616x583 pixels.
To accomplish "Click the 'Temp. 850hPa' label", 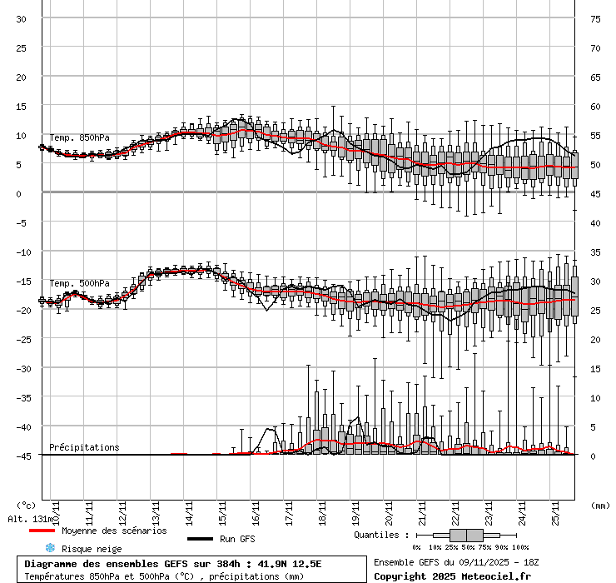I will [79, 137].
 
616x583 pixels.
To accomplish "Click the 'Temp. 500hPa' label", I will [79, 283].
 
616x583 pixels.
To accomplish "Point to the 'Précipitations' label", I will [84, 447].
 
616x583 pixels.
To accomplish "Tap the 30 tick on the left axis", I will [22, 18].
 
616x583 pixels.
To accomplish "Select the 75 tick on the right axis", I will [595, 18].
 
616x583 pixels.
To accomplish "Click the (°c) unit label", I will [26, 505].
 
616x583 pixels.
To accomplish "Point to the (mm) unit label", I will [600, 505].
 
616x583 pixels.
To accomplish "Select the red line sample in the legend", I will [42, 531].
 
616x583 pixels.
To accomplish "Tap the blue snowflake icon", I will [49, 548].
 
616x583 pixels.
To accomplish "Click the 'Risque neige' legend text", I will [92, 549].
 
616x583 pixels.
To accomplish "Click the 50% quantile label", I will [468, 547].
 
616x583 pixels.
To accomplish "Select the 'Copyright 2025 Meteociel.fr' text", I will [452, 576].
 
